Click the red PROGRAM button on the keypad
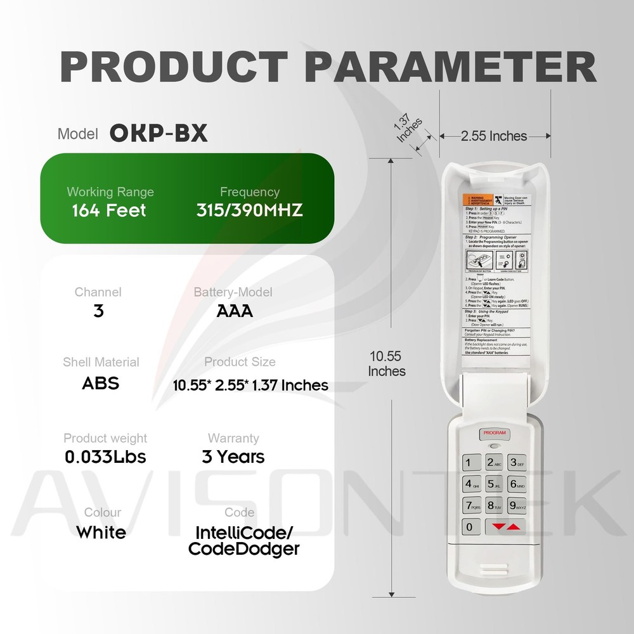tap(495, 433)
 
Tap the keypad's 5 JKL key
tap(494, 484)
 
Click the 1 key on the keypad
tap(469, 463)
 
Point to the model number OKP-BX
tap(158, 133)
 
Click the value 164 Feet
tap(110, 210)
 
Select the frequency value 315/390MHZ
tap(250, 210)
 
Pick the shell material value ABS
tap(101, 383)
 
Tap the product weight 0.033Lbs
tap(105, 456)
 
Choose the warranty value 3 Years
tap(233, 456)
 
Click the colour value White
tap(101, 532)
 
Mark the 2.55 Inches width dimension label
tap(494, 136)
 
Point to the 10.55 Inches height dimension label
tap(387, 364)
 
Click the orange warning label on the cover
tap(476, 201)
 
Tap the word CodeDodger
tap(244, 549)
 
